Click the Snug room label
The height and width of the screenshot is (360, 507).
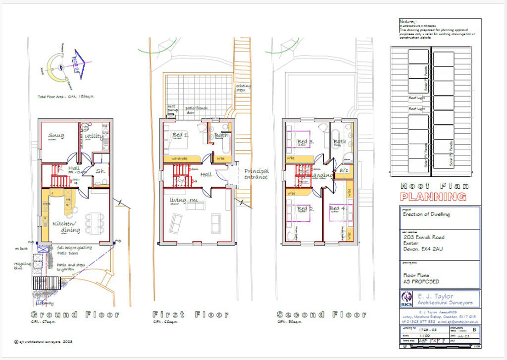[56, 136]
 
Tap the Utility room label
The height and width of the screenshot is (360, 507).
[94, 136]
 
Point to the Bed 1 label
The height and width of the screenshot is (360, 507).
[180, 135]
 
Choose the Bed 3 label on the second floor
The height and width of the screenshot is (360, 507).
[305, 142]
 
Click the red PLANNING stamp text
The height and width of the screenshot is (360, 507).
[433, 197]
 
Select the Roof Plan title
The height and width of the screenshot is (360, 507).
[433, 186]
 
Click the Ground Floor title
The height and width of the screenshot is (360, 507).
[75, 314]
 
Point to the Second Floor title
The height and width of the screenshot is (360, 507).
[321, 314]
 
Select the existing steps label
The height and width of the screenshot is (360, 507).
[243, 89]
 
